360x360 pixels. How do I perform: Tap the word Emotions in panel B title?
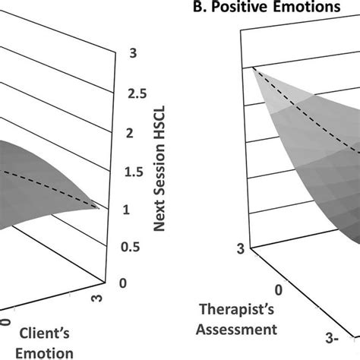pyautogui.click(x=314, y=9)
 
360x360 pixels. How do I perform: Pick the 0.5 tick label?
pyautogui.click(x=134, y=247)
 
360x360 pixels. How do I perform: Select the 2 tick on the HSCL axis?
pyautogui.click(x=130, y=134)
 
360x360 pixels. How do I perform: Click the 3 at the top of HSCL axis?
pyautogui.click(x=130, y=54)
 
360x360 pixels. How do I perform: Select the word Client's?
pyautogui.click(x=52, y=332)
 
